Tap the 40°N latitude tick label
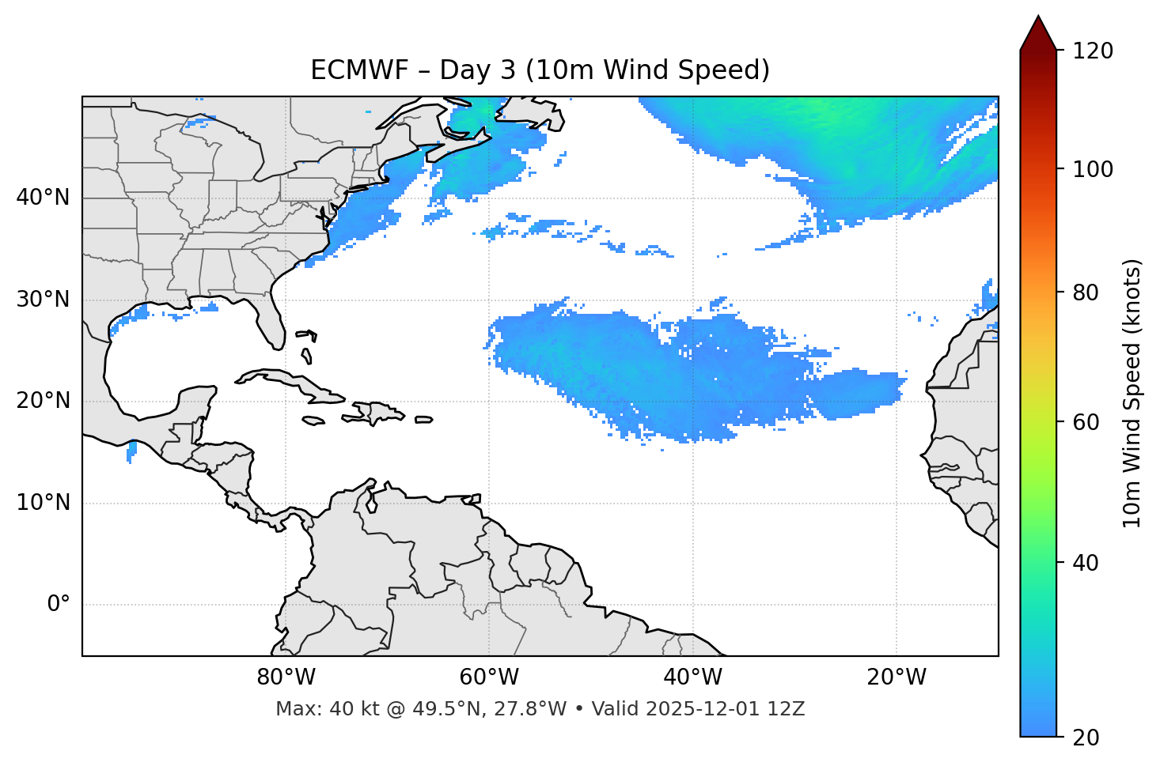click(43, 198)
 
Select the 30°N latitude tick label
click(43, 300)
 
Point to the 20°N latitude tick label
click(43, 401)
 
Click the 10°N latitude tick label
click(43, 503)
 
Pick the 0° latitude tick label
click(59, 605)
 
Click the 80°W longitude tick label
click(286, 677)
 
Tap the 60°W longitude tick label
click(489, 677)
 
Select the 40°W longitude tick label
click(692, 677)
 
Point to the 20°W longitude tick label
click(896, 677)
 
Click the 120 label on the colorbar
click(1092, 51)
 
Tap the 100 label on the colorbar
click(1092, 169)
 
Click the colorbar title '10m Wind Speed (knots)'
click(1132, 393)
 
